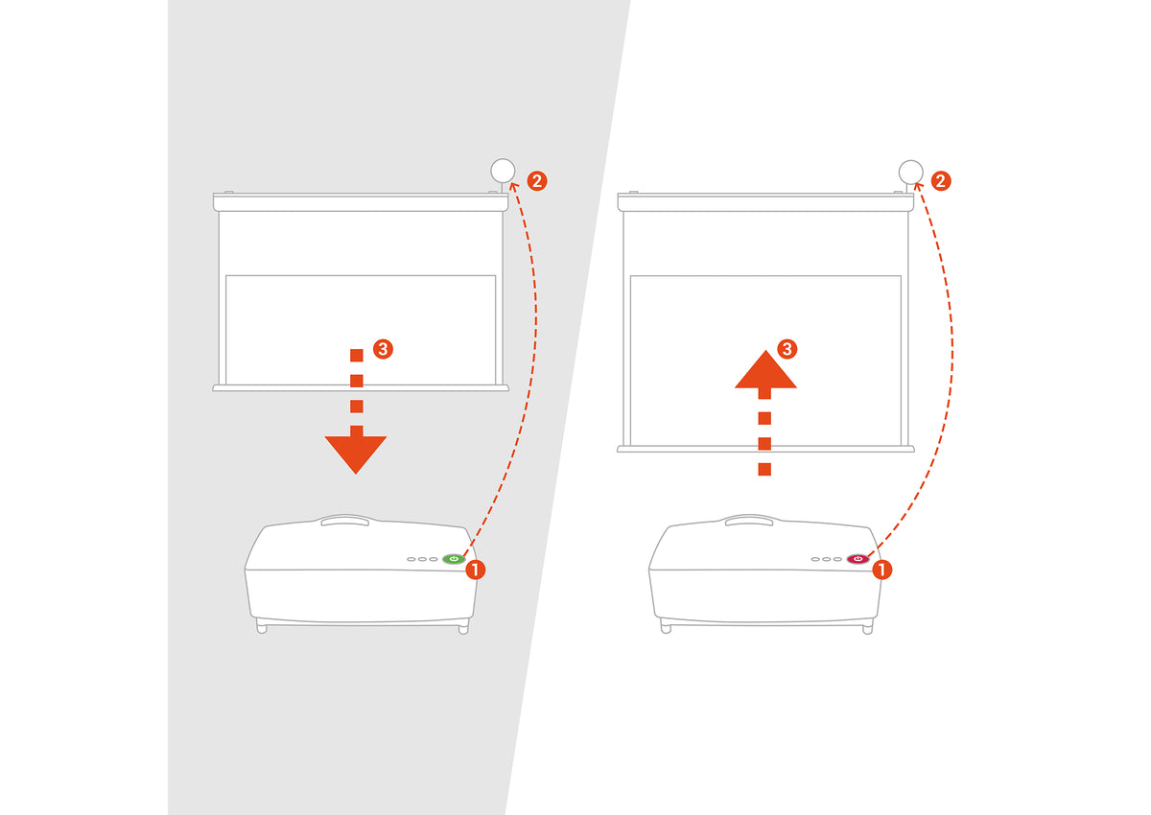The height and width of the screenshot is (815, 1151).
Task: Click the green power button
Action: tap(453, 559)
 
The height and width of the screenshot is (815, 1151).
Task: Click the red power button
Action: tap(857, 559)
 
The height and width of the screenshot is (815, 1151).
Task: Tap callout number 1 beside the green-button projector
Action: tap(476, 570)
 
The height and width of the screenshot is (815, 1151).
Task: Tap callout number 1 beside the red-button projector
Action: tap(881, 570)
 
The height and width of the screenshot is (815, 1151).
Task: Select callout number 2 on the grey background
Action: tap(537, 181)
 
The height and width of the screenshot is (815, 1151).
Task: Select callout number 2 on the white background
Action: tap(941, 181)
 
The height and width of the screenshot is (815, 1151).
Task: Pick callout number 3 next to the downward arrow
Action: tap(383, 349)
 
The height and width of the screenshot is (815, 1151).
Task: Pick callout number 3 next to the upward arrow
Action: tap(787, 349)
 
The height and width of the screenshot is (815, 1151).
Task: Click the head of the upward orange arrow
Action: tap(765, 370)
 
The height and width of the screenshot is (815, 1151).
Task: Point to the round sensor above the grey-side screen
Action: tap(503, 171)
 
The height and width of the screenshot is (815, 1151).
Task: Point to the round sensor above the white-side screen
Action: tap(910, 172)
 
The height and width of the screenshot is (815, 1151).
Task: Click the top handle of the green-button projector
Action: tap(344, 521)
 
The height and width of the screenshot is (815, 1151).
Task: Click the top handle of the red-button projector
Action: tap(749, 521)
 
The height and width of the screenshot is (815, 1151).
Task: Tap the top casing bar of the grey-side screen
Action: tap(361, 202)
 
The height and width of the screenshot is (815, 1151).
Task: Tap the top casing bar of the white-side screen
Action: tap(765, 202)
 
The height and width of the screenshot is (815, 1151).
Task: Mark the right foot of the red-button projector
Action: tap(867, 627)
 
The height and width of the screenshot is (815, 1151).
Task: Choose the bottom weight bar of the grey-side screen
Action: tap(361, 387)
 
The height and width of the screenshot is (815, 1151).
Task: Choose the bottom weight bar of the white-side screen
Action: tap(765, 449)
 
